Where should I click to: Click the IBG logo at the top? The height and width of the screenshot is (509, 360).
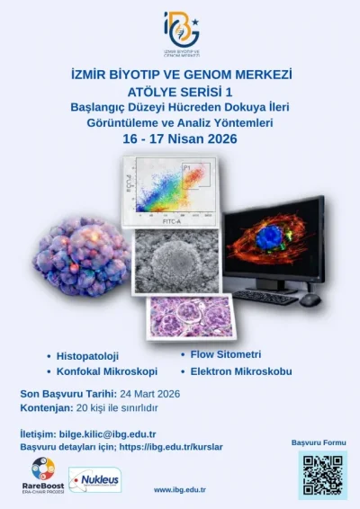[x=181, y=32]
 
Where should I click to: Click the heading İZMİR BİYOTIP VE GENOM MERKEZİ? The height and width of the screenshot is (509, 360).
[x=181, y=72]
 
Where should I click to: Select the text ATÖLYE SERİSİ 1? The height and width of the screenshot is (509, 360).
[x=181, y=89]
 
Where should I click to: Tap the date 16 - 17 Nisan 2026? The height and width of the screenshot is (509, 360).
[x=181, y=139]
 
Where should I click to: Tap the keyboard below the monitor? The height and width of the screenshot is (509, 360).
[x=265, y=296]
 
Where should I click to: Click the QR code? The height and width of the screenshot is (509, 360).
[x=322, y=474]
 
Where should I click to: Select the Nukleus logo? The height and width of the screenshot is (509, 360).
[x=95, y=479]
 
